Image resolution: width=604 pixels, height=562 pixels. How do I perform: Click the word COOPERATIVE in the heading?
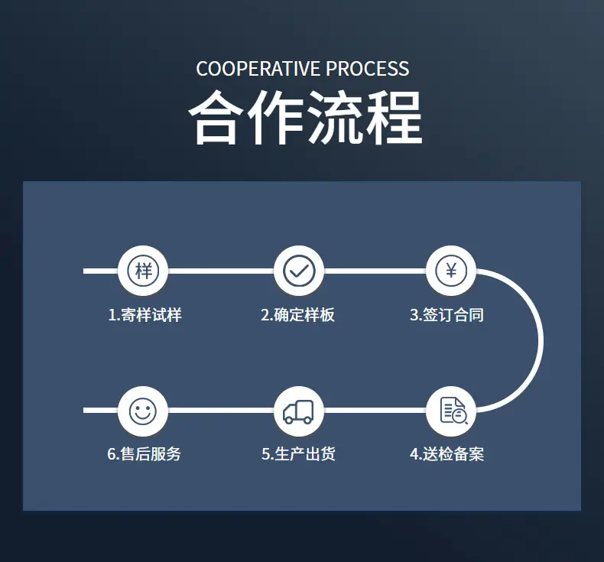258,69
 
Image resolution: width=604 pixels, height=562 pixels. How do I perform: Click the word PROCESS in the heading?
368,69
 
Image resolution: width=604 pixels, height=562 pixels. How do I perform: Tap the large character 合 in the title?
216,118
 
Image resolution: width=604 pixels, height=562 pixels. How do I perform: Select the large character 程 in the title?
394,118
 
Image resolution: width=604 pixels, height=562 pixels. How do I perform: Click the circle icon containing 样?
143,271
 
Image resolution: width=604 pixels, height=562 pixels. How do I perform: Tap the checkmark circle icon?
299,271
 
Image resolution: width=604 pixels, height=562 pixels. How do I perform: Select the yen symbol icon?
451,271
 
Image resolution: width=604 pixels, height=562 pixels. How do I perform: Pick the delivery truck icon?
299,411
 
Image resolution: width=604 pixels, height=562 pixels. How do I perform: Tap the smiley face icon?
143,411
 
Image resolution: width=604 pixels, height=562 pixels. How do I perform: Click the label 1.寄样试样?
145,315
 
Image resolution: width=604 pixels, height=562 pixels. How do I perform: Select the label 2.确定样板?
297,315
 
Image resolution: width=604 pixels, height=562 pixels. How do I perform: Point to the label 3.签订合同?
447,315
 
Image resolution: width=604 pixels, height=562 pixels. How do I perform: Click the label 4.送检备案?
447,454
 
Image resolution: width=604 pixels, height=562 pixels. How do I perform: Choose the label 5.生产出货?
298,454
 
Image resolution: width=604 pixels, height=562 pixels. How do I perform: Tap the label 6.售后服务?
144,454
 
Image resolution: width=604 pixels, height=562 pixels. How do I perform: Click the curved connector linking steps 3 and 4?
541,341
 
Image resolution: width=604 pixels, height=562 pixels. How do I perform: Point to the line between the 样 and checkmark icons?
221,271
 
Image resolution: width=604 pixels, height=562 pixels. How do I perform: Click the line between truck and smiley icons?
221,411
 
